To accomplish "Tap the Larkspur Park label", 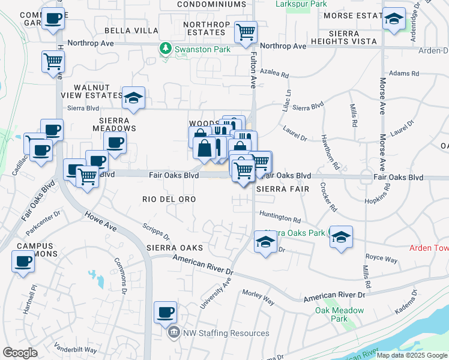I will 301,4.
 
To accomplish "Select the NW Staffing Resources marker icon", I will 173,332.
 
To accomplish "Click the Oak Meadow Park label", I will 340,314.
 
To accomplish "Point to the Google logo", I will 20,353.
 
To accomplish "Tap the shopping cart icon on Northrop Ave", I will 246,32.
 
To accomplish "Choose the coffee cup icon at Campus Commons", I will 23,262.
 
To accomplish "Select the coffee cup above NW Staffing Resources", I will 165,312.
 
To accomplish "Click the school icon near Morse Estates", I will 394,19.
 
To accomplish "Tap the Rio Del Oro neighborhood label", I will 169,199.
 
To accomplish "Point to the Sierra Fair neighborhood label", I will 282,188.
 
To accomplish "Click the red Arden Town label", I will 429,248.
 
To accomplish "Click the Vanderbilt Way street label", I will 75,349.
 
